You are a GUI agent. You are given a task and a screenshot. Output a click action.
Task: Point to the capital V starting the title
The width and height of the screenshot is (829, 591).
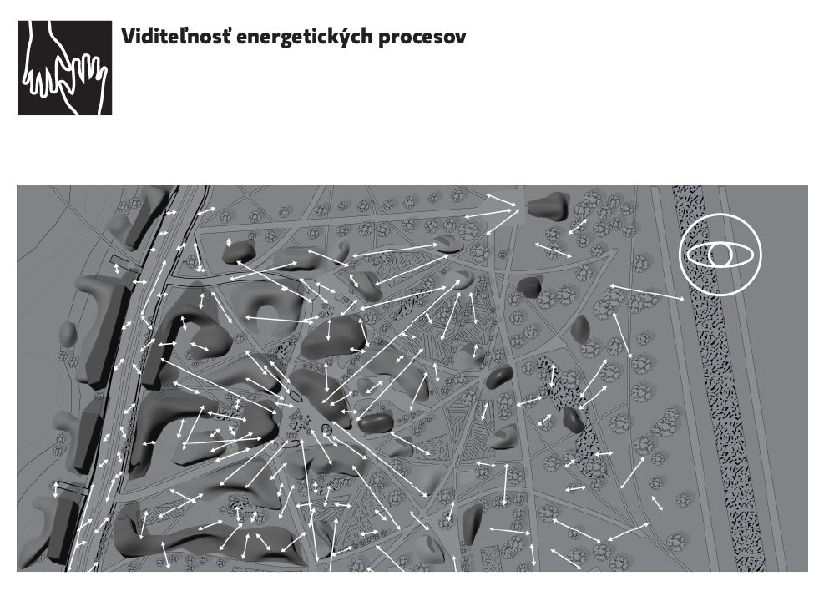pos(129,37)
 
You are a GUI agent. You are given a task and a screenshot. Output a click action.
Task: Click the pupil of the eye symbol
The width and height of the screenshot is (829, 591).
pos(720,255)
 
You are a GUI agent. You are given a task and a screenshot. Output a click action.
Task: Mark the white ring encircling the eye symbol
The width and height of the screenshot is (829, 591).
pos(720,214)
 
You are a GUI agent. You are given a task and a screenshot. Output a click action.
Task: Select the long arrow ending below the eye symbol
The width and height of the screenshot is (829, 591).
pos(647,292)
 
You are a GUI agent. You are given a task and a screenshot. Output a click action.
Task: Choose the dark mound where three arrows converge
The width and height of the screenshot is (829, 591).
pos(548,206)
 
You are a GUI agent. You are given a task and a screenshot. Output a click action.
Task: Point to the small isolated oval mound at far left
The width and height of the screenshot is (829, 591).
pos(67,334)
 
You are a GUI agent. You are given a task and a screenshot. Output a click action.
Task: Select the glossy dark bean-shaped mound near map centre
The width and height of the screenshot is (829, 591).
pos(376,422)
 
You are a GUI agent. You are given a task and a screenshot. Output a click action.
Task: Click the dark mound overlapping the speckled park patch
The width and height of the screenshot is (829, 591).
pos(574,420)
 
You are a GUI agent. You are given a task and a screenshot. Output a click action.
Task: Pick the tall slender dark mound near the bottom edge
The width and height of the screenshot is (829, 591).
pos(473,524)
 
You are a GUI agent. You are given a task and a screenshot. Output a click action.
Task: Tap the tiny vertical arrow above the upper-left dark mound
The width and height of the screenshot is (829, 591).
pos(229,243)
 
